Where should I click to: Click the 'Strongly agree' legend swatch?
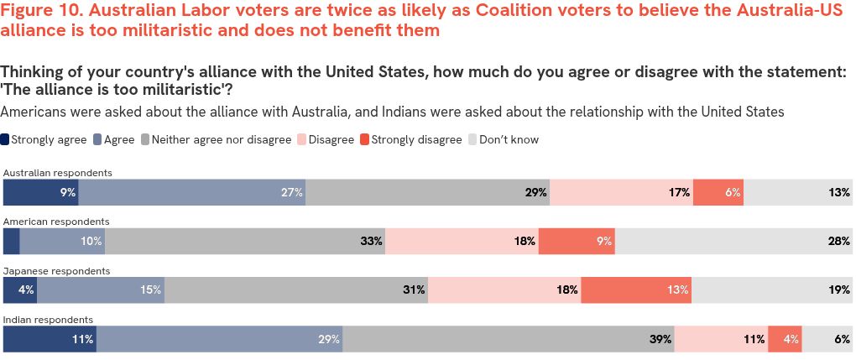point(7,140)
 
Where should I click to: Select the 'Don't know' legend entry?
point(509,140)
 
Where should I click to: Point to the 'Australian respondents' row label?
point(57,173)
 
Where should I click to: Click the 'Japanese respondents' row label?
point(56,271)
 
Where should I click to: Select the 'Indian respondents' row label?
point(48,320)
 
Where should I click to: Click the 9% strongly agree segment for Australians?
point(40,192)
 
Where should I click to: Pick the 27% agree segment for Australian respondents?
point(191,192)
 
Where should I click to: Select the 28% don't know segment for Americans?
point(734,241)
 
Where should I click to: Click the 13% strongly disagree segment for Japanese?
point(636,290)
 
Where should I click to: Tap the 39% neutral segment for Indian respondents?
point(509,339)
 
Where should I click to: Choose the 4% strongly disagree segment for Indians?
point(785,339)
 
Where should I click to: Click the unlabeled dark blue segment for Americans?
point(11,241)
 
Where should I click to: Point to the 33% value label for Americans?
point(372,241)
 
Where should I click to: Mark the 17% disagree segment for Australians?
point(621,192)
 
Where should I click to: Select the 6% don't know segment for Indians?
point(827,339)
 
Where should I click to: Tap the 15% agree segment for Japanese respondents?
point(101,290)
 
